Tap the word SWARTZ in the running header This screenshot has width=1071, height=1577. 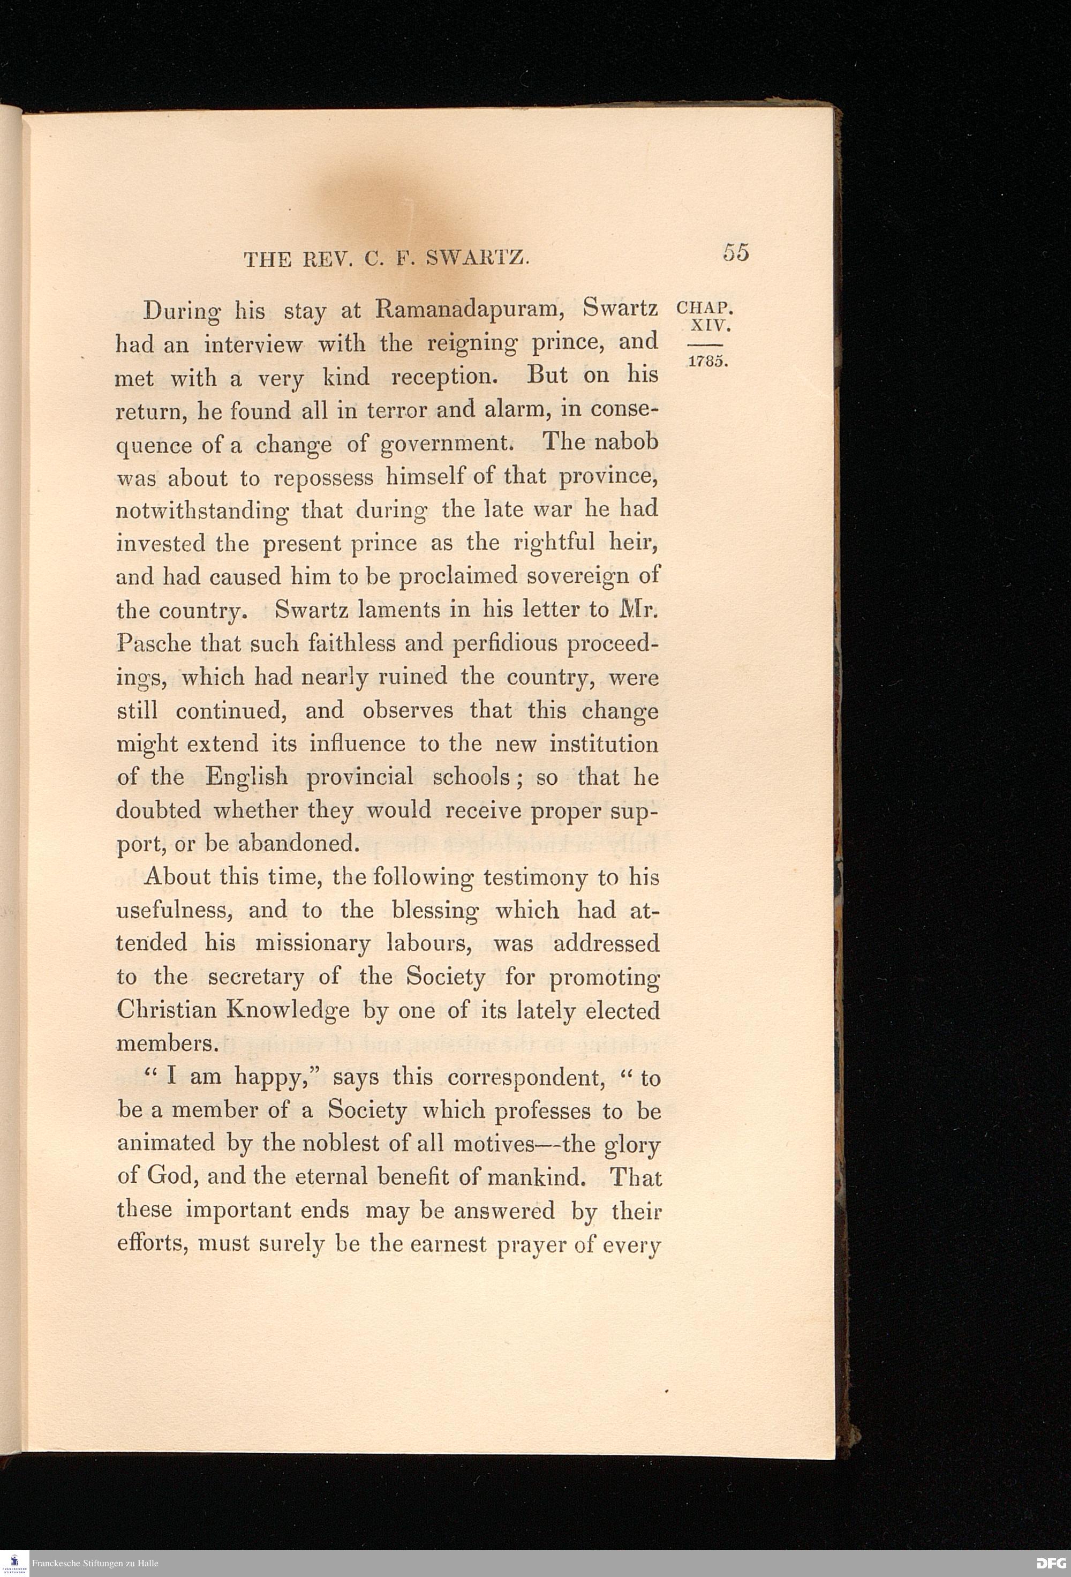[x=478, y=259]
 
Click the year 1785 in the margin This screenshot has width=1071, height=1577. [x=708, y=361]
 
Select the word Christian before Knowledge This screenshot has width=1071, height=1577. [x=166, y=1010]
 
